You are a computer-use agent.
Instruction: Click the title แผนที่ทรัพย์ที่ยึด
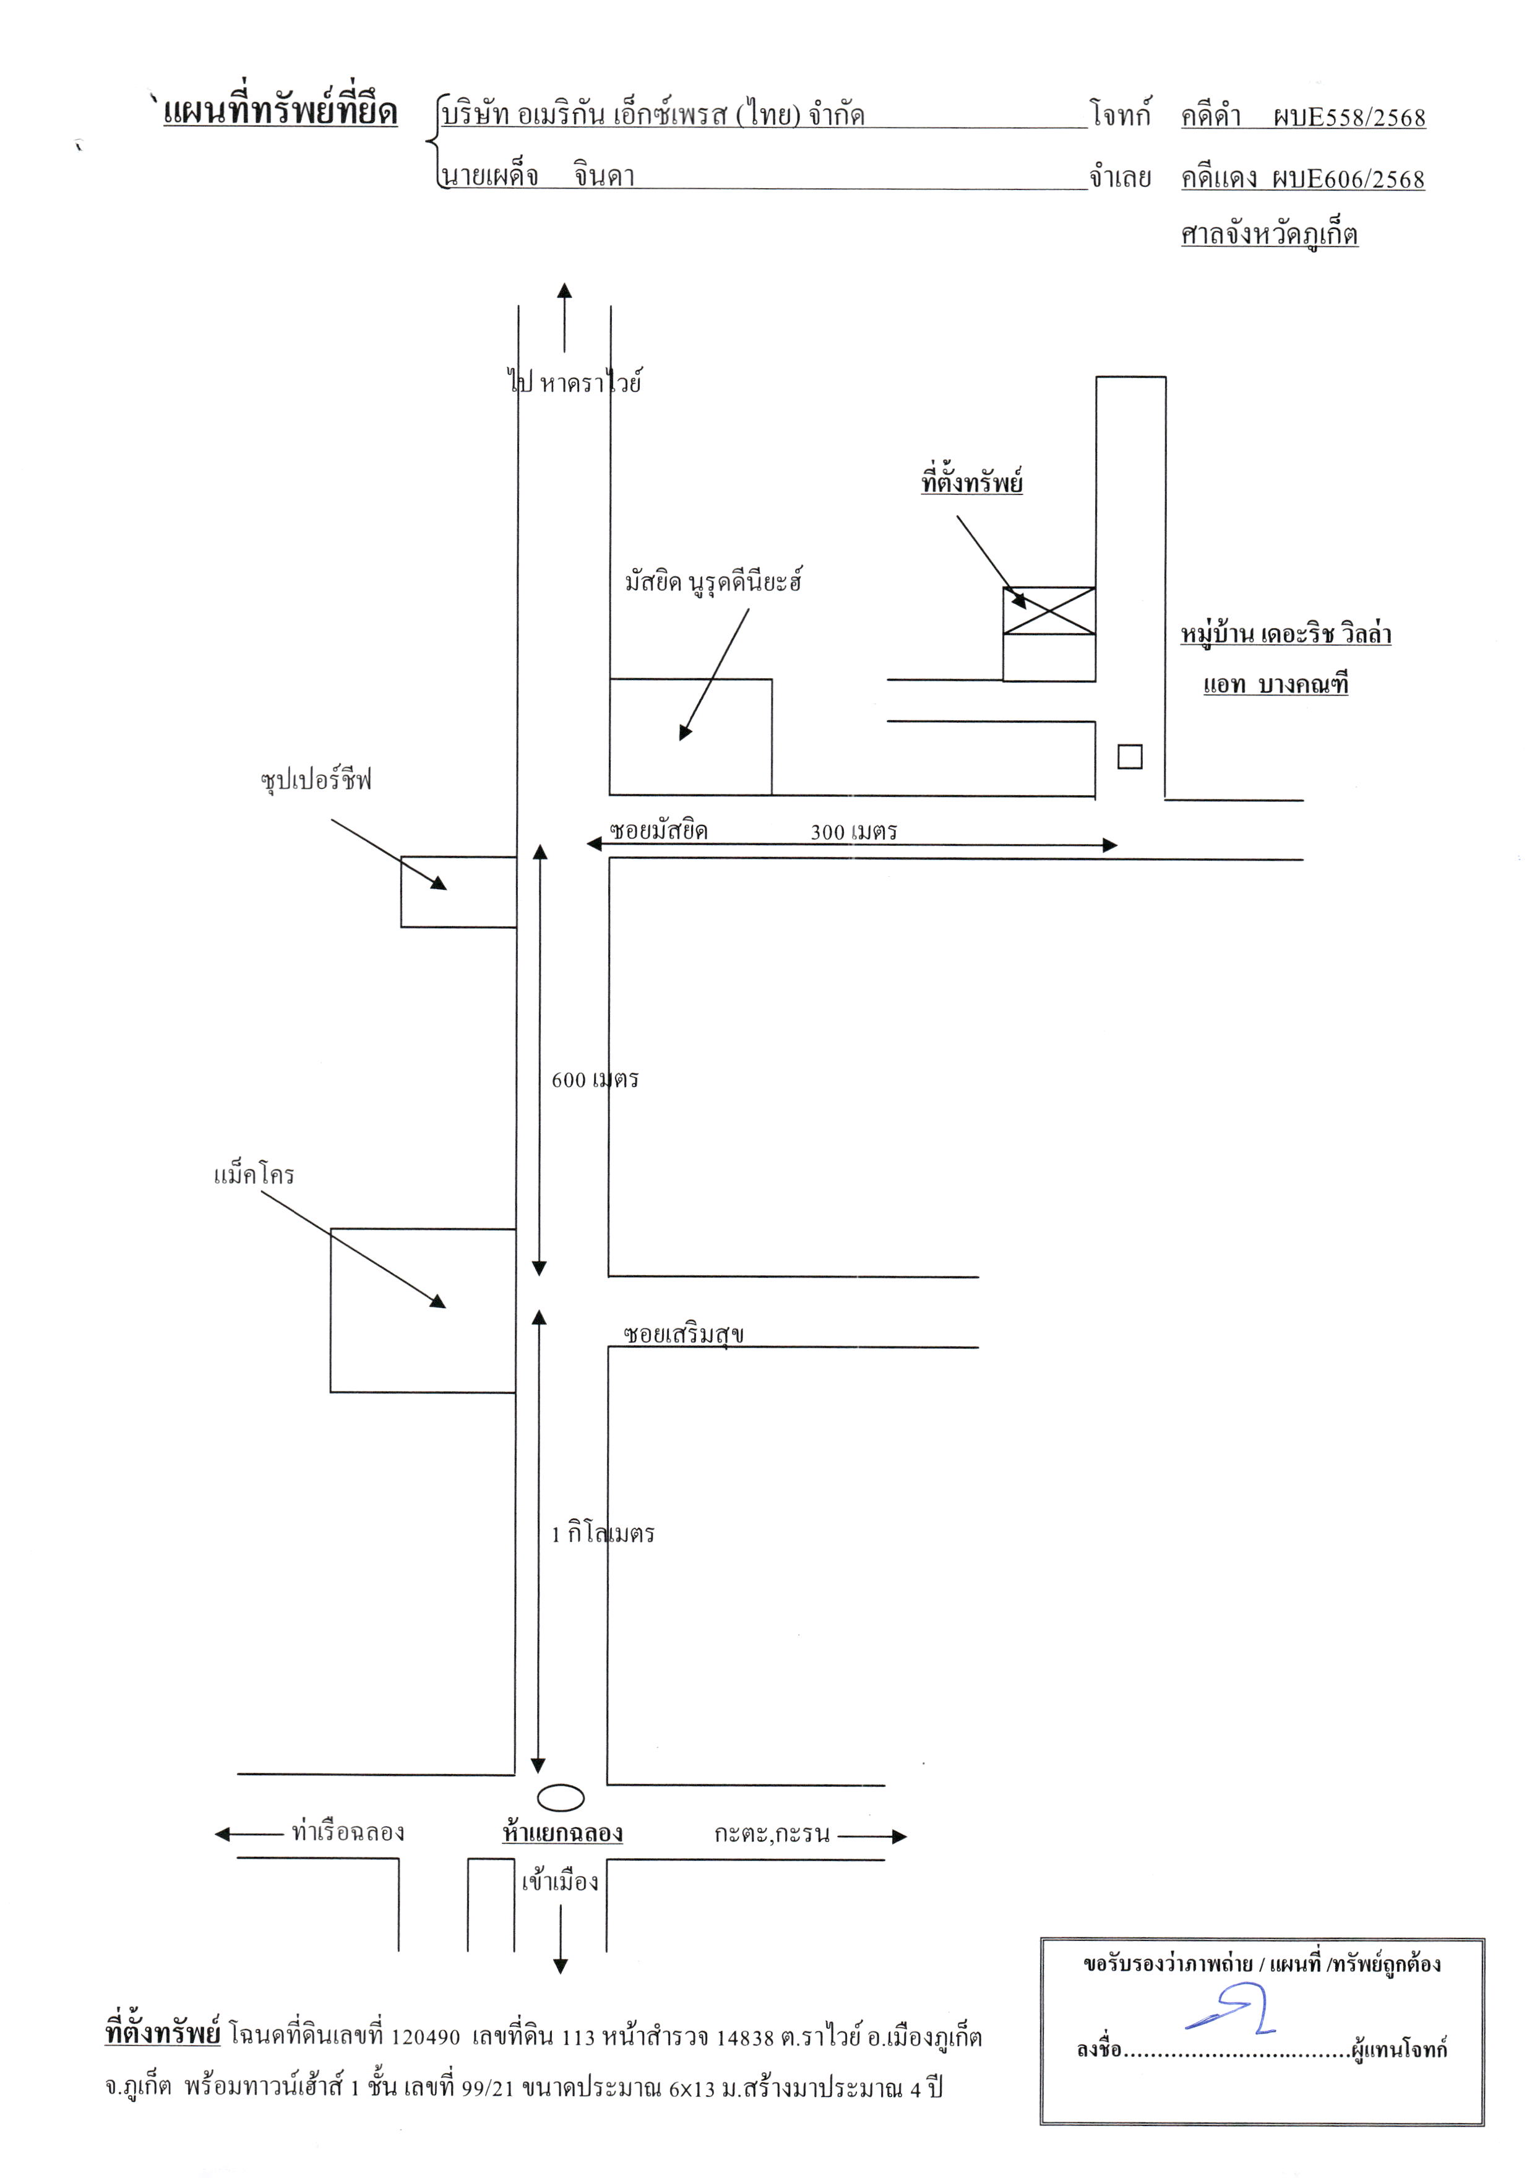click(281, 111)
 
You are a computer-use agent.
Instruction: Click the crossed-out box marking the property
click(1049, 611)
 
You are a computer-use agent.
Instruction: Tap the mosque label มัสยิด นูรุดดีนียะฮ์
click(713, 580)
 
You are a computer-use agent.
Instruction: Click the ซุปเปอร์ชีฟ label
click(316, 780)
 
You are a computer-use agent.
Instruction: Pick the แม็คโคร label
click(254, 1174)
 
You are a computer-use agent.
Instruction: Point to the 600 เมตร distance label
click(595, 1080)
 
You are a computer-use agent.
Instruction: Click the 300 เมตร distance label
click(854, 832)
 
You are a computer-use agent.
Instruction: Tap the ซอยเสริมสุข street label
click(683, 1334)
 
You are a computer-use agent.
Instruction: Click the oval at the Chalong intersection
click(561, 1797)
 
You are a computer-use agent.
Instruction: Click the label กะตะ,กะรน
click(772, 1833)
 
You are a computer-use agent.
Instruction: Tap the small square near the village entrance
click(1130, 757)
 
